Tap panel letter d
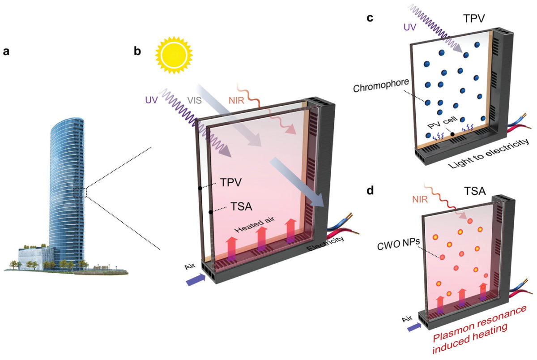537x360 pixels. [x=371, y=190]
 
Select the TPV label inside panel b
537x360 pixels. [x=230, y=183]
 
